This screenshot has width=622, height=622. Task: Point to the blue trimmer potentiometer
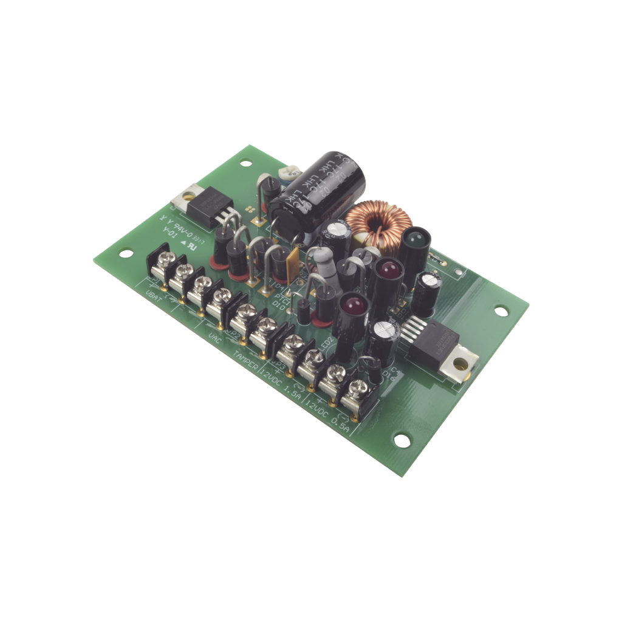[285, 173]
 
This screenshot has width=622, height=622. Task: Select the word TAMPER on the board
[246, 356]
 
